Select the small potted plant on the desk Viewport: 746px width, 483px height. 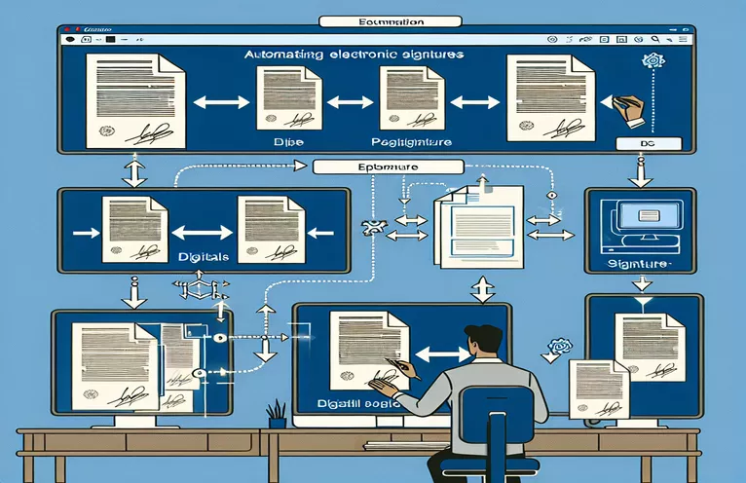(277, 413)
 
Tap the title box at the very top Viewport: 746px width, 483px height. (374, 19)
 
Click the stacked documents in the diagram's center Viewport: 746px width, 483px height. (476, 226)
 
